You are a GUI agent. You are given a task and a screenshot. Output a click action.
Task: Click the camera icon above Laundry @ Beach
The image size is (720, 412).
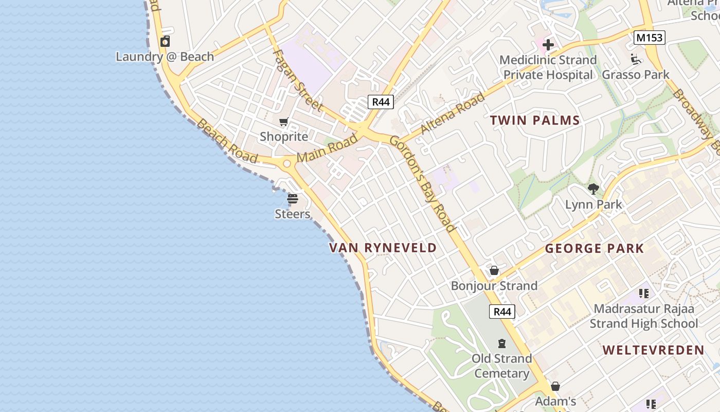[x=165, y=42]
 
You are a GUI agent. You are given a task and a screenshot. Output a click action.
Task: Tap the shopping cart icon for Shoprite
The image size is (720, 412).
[x=283, y=122]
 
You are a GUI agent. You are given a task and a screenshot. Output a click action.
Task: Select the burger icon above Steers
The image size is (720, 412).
[x=293, y=199]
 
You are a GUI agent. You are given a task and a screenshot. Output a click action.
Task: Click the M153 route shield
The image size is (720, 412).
[x=650, y=38]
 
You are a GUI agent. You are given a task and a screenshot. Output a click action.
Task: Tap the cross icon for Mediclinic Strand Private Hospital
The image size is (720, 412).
[x=548, y=45]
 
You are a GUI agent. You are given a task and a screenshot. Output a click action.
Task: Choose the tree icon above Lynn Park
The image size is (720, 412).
[x=593, y=189]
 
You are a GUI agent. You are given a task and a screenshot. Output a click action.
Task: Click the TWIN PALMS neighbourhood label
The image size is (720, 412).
[x=535, y=121]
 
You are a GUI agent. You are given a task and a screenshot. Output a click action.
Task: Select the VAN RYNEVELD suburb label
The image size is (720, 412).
[x=383, y=248]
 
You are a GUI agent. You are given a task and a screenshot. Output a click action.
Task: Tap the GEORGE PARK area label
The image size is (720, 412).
[x=594, y=249]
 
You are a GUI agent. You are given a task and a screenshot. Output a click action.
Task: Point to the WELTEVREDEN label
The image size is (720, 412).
[x=653, y=350]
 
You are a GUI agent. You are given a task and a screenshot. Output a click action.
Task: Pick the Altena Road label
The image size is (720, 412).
[x=452, y=113]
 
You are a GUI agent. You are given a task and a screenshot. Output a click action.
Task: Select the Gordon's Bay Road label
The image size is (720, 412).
[x=423, y=183]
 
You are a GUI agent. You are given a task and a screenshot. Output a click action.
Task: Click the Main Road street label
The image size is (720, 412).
[x=327, y=148]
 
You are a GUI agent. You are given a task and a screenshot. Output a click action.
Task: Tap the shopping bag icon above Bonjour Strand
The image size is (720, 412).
[x=494, y=270]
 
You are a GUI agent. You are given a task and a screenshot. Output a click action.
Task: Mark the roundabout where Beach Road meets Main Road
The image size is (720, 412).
[x=287, y=164]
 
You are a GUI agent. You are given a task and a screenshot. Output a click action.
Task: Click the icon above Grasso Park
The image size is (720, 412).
[x=636, y=60]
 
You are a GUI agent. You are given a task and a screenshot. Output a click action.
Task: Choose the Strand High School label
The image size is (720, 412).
[x=644, y=323]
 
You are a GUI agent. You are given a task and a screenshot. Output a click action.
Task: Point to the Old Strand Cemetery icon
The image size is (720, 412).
[x=502, y=344]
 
